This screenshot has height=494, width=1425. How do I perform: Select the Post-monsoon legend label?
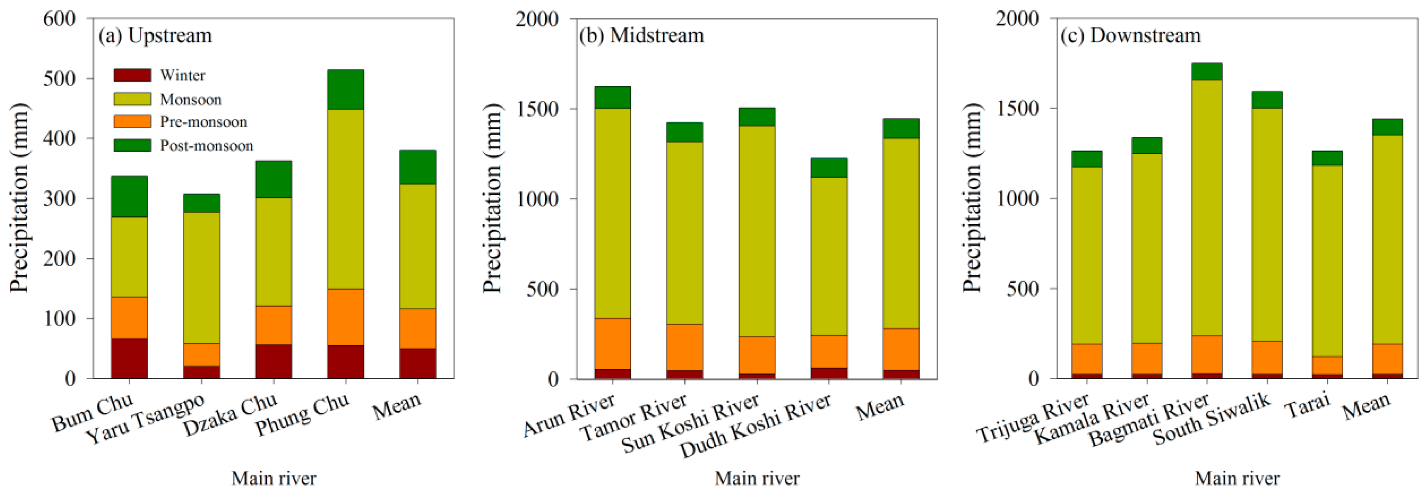click(206, 146)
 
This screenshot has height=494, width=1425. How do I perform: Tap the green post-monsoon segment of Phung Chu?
click(346, 90)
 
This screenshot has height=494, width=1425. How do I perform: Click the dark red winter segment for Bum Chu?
click(129, 358)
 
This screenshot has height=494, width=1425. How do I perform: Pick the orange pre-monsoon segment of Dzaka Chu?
click(274, 325)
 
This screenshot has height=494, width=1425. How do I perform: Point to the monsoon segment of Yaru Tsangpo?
click(201, 278)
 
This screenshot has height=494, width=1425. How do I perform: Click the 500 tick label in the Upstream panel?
click(59, 79)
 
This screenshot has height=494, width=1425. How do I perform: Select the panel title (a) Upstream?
click(155, 35)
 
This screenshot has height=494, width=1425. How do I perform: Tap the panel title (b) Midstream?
click(641, 35)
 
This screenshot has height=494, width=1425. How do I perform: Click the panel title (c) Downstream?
click(1130, 35)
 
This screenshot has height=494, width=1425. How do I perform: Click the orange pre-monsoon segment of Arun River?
click(612, 344)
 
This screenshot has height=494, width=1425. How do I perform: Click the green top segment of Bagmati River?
click(1207, 72)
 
